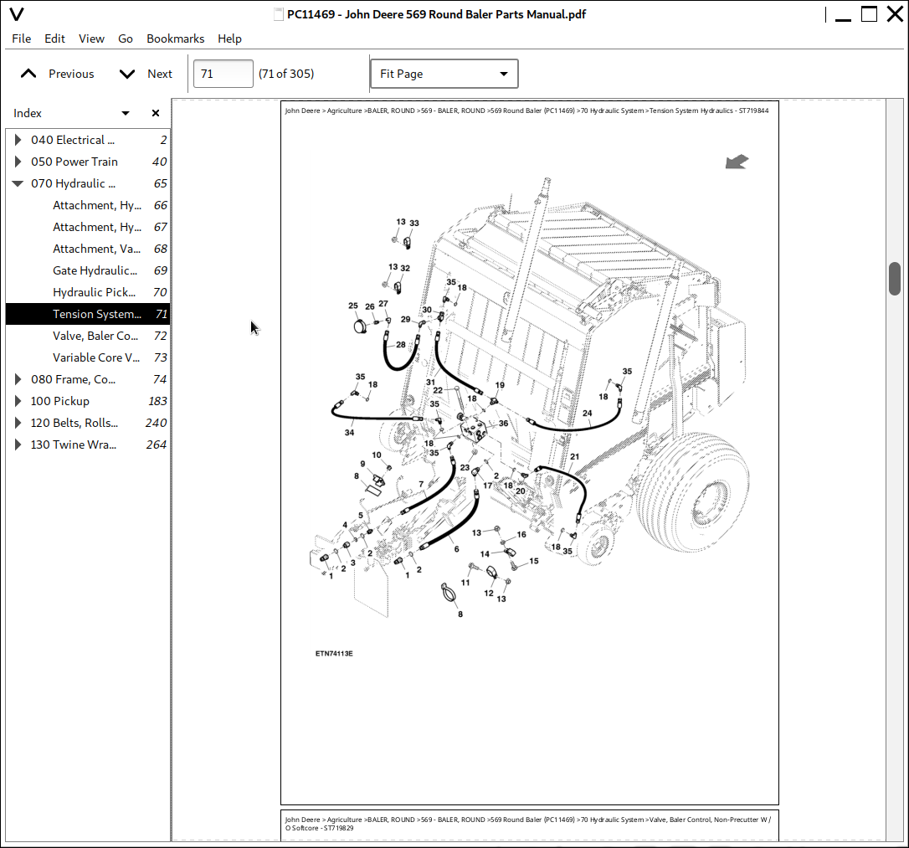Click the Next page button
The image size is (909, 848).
pos(146,74)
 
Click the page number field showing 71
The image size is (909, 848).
pos(223,74)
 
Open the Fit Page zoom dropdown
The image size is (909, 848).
pos(444,74)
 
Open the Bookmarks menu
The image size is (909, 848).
pos(175,39)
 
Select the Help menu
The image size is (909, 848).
pos(229,39)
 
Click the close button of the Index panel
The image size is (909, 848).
pos(156,113)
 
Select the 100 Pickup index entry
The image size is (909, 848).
pos(60,401)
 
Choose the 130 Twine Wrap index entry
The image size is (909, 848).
pos(74,445)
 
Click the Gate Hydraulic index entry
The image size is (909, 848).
pos(95,270)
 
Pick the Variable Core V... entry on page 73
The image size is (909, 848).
pos(96,357)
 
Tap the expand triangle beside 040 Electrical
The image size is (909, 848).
pos(18,140)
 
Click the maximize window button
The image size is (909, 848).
pos(870,14)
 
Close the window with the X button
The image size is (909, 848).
pos(893,14)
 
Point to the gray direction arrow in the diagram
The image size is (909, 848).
pos(737,162)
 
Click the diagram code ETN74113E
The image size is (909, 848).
pos(334,654)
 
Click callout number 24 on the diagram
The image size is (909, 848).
pos(587,414)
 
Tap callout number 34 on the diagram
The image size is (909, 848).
pos(349,433)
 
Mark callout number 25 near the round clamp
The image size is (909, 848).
pos(353,306)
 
